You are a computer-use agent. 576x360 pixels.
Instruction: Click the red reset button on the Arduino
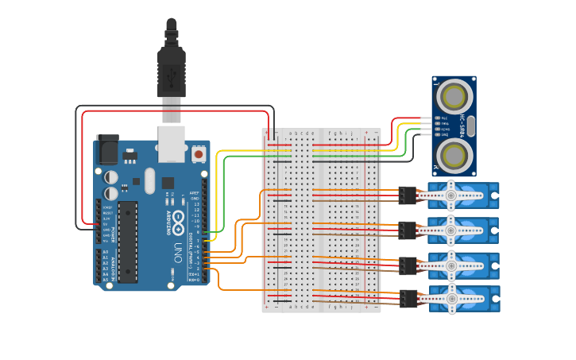click(x=198, y=151)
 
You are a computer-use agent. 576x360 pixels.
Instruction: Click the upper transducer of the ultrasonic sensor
click(x=454, y=97)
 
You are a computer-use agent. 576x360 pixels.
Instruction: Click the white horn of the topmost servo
click(x=451, y=195)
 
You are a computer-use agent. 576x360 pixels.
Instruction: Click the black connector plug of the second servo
click(x=408, y=230)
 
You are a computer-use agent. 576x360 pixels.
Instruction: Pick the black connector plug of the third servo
click(x=408, y=265)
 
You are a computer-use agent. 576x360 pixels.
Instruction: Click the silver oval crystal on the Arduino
click(x=149, y=180)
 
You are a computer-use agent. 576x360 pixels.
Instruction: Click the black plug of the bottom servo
click(x=408, y=299)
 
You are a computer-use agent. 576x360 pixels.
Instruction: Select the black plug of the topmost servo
click(x=408, y=195)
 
